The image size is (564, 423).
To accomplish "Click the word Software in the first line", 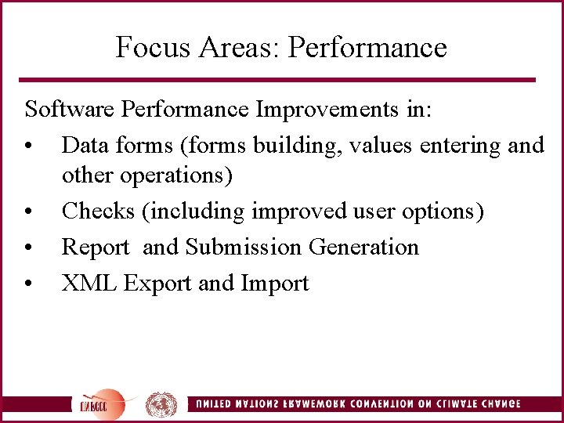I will [x=70, y=109].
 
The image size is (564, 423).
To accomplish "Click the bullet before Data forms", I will [x=28, y=146].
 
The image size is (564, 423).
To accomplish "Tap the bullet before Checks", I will [x=28, y=212].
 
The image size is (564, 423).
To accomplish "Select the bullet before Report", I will [x=28, y=248].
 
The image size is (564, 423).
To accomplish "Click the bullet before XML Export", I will [x=28, y=284].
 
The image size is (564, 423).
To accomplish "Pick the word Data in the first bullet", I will [x=85, y=145].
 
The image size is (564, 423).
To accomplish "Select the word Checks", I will [x=99, y=211].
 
